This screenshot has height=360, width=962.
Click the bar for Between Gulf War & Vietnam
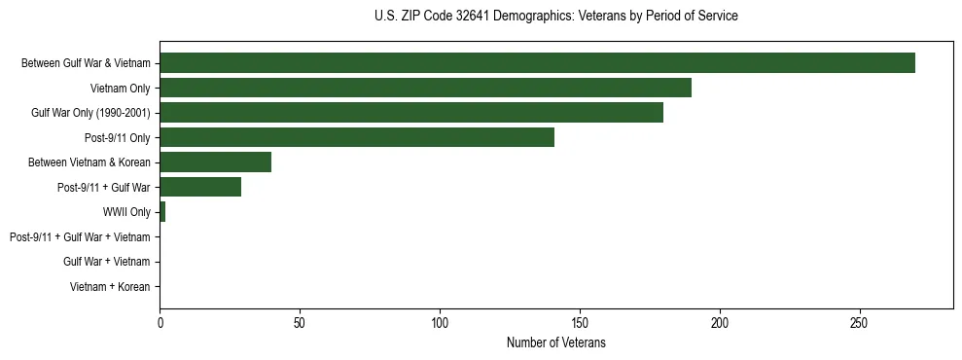(537, 63)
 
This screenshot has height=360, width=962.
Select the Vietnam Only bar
(425, 88)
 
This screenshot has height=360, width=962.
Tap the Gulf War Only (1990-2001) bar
(411, 113)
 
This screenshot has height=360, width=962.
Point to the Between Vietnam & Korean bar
(215, 162)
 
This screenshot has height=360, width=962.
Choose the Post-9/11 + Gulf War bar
(200, 187)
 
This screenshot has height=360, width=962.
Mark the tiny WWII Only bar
(162, 212)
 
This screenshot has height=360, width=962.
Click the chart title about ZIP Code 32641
(555, 17)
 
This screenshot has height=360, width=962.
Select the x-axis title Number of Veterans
(555, 342)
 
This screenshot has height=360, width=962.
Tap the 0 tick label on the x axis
(160, 322)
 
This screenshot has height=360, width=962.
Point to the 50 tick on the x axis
(300, 322)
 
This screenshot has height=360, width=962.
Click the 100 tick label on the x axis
(440, 322)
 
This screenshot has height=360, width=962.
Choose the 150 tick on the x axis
(580, 322)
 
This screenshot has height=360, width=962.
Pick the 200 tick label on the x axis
(720, 322)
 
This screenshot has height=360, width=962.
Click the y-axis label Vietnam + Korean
(110, 287)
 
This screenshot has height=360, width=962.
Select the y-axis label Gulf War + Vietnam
(107, 262)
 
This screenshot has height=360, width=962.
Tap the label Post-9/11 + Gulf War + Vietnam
(80, 237)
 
